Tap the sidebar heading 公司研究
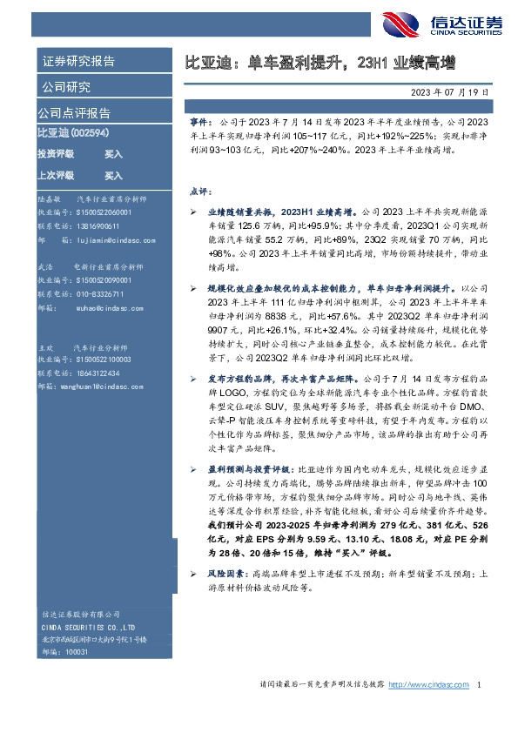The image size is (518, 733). (x=65, y=86)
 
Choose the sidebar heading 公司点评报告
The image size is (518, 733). (x=74, y=112)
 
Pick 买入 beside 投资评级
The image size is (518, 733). (x=113, y=153)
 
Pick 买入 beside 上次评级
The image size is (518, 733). (x=113, y=175)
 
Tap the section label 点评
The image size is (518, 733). (x=198, y=190)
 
